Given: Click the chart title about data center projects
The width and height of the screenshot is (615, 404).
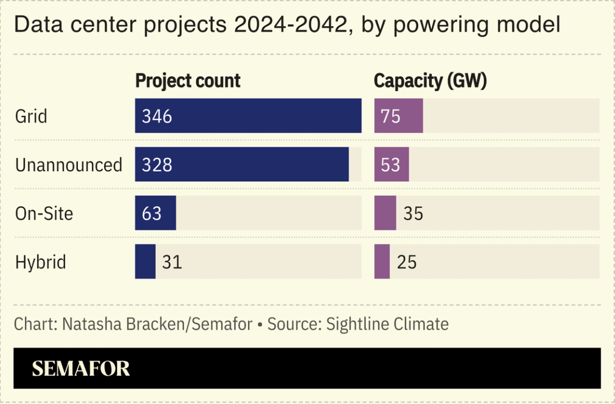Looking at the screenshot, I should coord(287,25).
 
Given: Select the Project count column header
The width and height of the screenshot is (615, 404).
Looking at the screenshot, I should coord(187,81).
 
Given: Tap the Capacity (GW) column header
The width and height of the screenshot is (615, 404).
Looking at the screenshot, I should coord(430,81).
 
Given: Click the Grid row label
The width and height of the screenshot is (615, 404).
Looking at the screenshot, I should coord(31,116).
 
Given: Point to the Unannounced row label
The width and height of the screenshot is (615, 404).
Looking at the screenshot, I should coord(68,165).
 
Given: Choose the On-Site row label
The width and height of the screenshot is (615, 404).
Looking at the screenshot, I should coord(44,213).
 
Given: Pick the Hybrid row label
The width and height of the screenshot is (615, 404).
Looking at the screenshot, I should coord(41,263).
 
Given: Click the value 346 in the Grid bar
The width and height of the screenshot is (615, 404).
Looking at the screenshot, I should coord(157,116).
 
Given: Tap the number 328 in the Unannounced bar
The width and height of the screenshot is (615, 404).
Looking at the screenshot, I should coord(157,165).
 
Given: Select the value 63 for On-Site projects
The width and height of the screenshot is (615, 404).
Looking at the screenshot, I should coord(152,213).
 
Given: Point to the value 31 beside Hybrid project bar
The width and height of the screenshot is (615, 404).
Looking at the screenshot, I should coord(171,262).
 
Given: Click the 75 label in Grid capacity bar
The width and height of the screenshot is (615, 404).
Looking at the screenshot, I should coord(391,116).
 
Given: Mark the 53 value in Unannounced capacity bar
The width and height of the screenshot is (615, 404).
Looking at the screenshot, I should coord(391,165).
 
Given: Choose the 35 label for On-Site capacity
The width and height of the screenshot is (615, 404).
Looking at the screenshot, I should coord(413,213).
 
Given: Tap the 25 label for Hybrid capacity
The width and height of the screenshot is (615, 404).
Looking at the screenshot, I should coord(407,262).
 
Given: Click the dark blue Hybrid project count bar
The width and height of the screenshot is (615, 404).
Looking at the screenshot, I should coord(145,262).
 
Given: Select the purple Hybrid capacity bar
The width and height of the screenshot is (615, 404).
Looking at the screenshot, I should coord(382,262).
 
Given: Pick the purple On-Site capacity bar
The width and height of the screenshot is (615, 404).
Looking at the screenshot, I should coord(385,213).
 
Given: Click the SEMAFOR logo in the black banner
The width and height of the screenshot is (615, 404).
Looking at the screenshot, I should coord(81,369).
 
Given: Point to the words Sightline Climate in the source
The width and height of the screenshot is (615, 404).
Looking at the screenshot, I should coord(387,324).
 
